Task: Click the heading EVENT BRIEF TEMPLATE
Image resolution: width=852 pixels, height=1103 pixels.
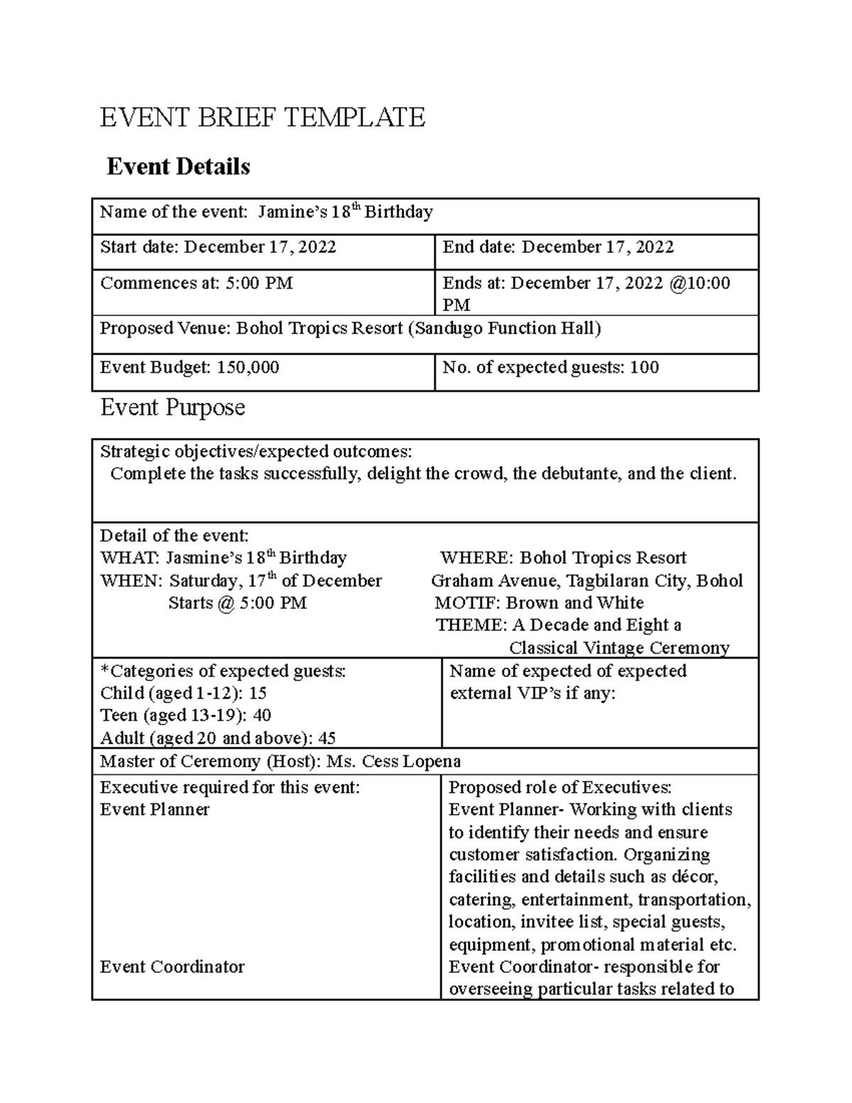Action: [262, 116]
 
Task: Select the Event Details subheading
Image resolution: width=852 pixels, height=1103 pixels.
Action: [177, 167]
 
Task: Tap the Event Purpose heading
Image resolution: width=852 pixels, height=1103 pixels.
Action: [173, 407]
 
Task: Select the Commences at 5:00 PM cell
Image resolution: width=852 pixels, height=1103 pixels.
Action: [197, 283]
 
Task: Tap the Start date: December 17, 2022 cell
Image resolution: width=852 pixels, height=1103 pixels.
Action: [218, 247]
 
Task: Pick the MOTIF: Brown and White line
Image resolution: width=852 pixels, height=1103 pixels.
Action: [539, 603]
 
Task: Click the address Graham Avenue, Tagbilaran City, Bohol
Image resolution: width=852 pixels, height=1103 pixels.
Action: [586, 581]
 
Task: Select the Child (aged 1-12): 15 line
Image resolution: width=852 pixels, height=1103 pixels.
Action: [183, 693]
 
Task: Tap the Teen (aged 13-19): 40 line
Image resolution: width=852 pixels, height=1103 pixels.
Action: [185, 715]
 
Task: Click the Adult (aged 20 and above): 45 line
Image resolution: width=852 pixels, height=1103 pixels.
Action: [218, 738]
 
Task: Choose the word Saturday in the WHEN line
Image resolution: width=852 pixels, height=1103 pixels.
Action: [204, 581]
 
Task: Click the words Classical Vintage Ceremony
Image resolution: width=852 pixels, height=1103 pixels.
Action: [619, 648]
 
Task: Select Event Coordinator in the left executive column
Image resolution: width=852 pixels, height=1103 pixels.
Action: [172, 967]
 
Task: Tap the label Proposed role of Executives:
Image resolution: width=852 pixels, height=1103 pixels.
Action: [560, 787]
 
